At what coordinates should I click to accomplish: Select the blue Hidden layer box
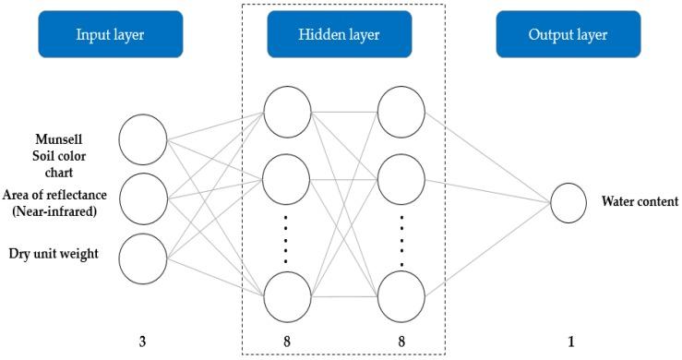pos(339,34)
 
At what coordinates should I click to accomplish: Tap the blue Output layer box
pos(568,34)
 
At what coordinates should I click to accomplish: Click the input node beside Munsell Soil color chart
pos(143,138)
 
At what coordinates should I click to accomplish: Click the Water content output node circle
pos(568,202)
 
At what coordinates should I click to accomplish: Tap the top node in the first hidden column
pos(288,111)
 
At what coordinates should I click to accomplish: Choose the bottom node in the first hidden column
pos(288,298)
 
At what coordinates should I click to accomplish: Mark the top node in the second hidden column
pos(401,111)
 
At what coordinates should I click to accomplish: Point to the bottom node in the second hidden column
pos(401,298)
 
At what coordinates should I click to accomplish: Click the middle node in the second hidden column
pos(401,178)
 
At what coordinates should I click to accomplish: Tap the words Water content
pos(639,202)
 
